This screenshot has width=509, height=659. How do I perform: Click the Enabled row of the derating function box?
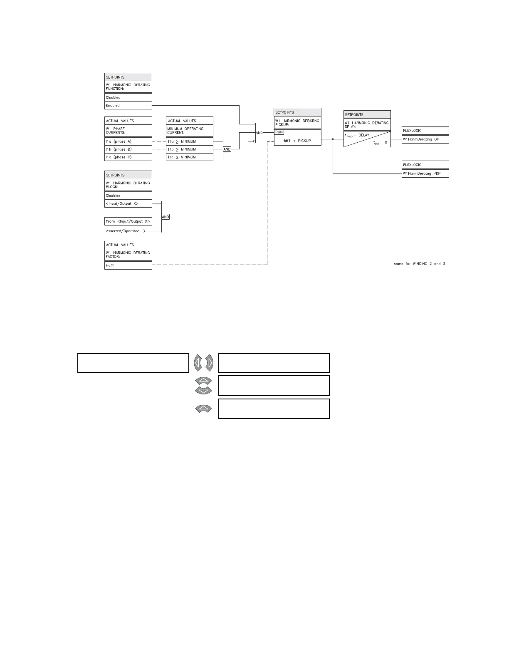[x=128, y=106]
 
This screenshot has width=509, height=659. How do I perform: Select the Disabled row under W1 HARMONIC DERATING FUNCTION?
[x=128, y=98]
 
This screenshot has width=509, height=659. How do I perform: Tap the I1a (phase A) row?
[x=128, y=141]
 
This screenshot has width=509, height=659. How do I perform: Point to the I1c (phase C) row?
[x=128, y=157]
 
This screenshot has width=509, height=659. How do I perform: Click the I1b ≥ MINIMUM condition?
[x=189, y=149]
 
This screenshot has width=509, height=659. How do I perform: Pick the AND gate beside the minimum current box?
[x=227, y=149]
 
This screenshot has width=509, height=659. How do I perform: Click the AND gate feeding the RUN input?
[x=259, y=133]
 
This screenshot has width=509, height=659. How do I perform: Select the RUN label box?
[x=279, y=132]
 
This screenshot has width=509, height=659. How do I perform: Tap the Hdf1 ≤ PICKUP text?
[x=297, y=141]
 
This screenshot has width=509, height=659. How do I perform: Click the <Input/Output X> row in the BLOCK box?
[x=128, y=204]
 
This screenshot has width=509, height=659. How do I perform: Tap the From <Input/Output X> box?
[x=128, y=221]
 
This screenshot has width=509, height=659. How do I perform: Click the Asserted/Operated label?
[x=123, y=231]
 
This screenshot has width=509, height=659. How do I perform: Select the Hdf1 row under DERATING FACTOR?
[x=128, y=265]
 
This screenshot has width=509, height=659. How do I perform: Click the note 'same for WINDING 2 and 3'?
[x=419, y=264]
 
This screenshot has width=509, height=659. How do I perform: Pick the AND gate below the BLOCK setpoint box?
[x=166, y=217]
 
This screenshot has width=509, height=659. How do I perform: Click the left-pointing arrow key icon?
[x=198, y=363]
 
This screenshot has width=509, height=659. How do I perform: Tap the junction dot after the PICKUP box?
[x=333, y=139]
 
